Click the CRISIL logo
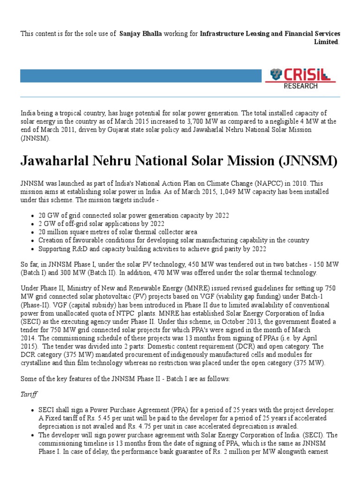click(x=300, y=75)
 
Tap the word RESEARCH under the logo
click(x=300, y=86)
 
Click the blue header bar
click(x=141, y=76)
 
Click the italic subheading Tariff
click(x=28, y=394)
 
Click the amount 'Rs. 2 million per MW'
click(x=234, y=451)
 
